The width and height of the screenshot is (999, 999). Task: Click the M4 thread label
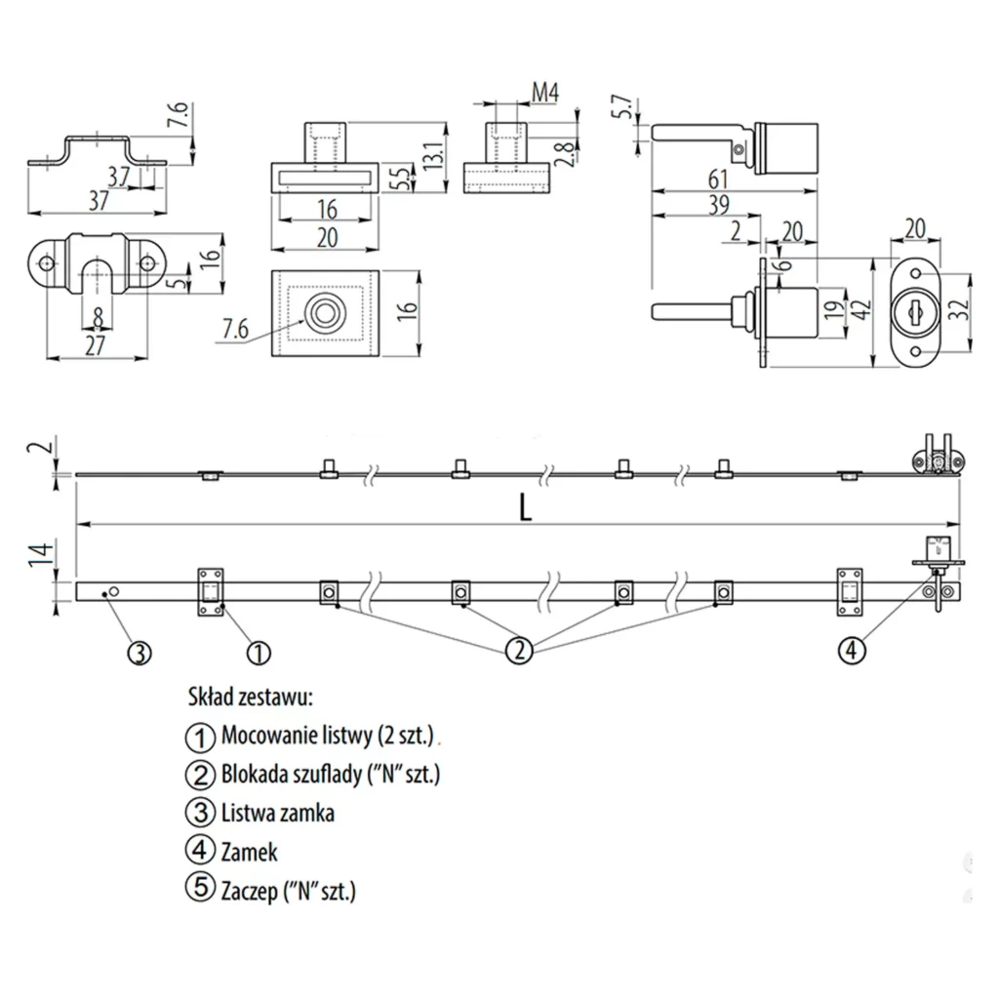pos(543,93)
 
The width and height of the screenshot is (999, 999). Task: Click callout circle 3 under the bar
pos(140,652)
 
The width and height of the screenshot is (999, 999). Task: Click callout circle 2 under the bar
pos(521,650)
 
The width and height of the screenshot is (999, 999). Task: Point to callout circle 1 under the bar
pos(258,651)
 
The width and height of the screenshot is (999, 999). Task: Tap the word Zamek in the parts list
pos(249,852)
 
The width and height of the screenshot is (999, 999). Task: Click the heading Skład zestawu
pos(248,698)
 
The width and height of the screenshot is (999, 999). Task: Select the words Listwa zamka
pos(278,812)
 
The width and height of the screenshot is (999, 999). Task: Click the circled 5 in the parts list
pos(198,889)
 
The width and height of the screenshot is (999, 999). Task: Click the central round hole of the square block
pos(323,313)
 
